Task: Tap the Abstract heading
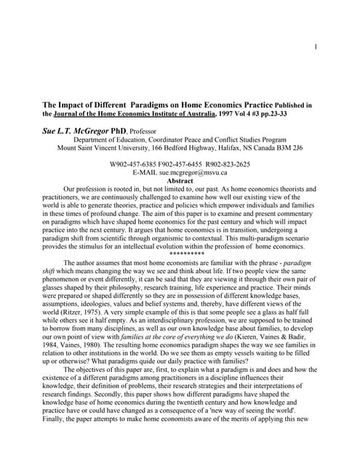pos(180,181)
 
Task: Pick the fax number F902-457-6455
pos(181,164)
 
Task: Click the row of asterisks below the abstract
pos(186,254)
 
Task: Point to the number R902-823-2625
pos(226,164)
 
